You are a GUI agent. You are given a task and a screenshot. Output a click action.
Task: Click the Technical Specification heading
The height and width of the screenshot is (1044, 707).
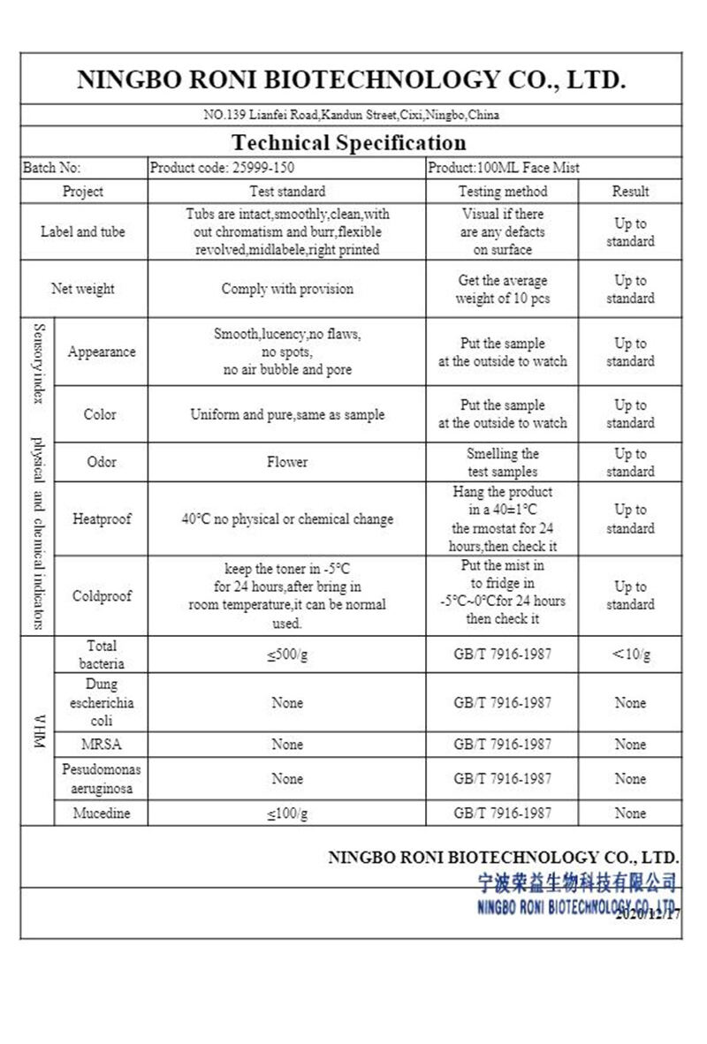(348, 142)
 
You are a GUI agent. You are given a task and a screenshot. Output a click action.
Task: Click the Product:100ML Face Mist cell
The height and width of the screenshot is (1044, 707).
(504, 167)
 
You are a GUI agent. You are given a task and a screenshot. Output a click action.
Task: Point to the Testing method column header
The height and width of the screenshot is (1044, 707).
(502, 191)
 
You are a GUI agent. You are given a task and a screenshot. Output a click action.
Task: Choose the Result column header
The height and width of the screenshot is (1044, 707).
(630, 191)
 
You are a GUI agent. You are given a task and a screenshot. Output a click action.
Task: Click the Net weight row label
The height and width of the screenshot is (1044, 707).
(82, 289)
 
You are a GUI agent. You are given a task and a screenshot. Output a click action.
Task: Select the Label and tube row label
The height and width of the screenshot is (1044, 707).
(82, 232)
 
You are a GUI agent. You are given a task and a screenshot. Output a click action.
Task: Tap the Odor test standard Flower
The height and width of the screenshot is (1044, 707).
(287, 462)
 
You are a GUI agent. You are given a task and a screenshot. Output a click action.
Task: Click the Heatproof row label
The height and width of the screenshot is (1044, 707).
(102, 519)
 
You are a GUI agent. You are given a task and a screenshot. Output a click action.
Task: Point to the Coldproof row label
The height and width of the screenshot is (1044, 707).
(102, 596)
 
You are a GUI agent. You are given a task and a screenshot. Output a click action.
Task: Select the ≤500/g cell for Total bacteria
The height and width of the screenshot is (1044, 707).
(287, 654)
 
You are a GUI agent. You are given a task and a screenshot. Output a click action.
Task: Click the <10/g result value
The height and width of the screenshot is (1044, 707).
(630, 654)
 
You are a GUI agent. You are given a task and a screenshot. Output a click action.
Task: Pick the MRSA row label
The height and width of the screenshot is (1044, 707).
(101, 745)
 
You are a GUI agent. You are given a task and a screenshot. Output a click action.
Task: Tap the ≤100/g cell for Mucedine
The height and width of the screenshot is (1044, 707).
(287, 813)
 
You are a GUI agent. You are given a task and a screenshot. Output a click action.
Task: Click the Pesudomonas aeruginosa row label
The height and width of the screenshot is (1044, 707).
(101, 778)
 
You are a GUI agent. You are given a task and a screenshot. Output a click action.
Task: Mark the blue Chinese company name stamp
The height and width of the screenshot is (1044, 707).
(577, 881)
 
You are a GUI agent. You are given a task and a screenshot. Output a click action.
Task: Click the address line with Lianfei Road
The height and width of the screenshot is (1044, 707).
(351, 115)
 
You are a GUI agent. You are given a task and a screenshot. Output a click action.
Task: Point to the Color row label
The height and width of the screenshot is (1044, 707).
(100, 414)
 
